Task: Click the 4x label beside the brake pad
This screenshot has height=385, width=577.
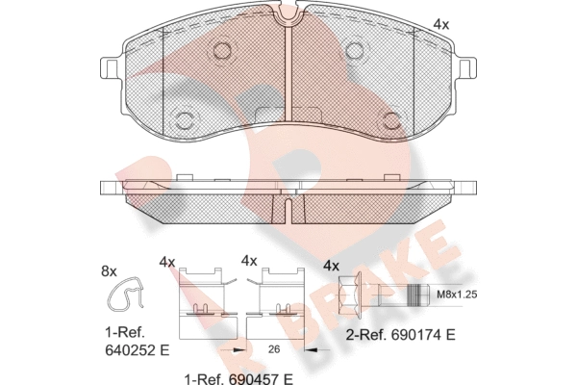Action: pos(440,25)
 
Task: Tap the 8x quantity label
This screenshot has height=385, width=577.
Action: pos(109,271)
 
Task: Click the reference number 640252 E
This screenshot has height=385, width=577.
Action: pos(138,350)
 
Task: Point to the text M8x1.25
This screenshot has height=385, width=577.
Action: pos(456,295)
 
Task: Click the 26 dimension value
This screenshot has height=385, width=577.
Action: pos(274,349)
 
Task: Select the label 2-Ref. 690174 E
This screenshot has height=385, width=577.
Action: pos(401,335)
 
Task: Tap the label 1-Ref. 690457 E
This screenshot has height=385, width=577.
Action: pos(238,378)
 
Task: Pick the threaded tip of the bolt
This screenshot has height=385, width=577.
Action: pos(419,295)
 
